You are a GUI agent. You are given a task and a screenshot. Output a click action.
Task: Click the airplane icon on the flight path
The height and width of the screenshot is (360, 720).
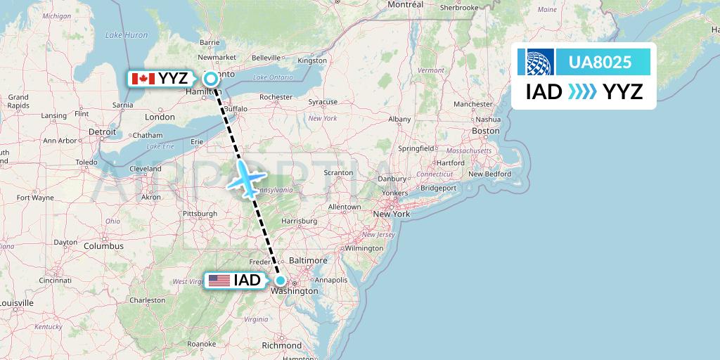(x=247, y=179)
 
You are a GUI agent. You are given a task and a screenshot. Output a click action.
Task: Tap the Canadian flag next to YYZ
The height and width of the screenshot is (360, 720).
(x=143, y=79)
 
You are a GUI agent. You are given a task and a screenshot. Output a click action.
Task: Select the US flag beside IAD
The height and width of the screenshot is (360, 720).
(x=219, y=281)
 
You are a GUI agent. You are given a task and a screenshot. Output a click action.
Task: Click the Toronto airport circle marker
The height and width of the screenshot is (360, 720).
(x=210, y=79)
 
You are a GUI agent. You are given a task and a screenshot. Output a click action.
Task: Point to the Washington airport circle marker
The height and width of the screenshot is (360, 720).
(x=280, y=281)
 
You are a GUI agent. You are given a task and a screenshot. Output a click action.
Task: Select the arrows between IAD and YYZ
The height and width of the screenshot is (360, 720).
(x=582, y=91)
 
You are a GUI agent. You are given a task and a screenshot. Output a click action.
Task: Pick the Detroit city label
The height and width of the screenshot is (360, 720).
(x=103, y=131)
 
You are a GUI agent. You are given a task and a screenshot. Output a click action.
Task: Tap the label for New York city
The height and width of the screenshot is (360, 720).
(x=392, y=214)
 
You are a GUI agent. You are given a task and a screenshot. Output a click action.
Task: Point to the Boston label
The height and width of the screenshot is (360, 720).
(x=486, y=131)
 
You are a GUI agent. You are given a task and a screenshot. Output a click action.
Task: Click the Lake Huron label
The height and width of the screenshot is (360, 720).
(x=127, y=34)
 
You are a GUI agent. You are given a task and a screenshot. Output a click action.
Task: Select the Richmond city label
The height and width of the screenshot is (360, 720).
(x=281, y=345)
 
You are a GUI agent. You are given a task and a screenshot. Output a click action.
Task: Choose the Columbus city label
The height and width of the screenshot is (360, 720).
(x=103, y=246)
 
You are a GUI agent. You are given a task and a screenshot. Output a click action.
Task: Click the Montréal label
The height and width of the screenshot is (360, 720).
(x=406, y=4)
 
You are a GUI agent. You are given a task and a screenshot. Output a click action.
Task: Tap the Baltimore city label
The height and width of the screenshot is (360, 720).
(x=308, y=260)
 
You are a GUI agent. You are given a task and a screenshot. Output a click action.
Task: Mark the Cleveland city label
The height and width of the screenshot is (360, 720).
(x=146, y=169)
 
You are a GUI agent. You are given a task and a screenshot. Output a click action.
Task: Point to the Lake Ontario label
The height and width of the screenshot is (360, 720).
(x=273, y=77)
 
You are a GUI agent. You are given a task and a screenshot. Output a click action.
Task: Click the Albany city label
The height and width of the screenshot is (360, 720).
(x=399, y=120)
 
